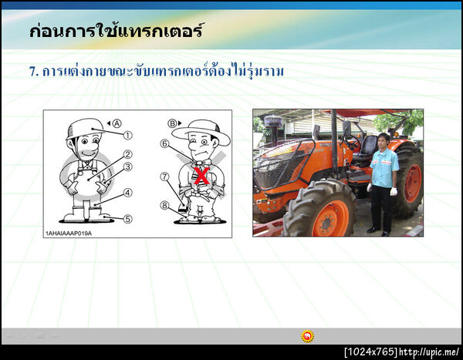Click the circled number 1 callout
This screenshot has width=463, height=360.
pyautogui.click(x=128, y=134)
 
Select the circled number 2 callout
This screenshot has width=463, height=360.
pyautogui.click(x=128, y=154)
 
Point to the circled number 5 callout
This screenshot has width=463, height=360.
pyautogui.click(x=128, y=219)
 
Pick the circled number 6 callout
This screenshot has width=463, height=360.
pyautogui.click(x=164, y=143)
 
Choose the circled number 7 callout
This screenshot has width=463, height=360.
pyautogui.click(x=164, y=177)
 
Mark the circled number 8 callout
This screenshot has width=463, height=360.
pyautogui.click(x=164, y=205)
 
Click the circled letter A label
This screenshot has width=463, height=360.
pyautogui.click(x=117, y=123)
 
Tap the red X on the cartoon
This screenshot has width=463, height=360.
pyautogui.click(x=202, y=177)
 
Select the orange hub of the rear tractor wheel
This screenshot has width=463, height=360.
pyautogui.click(x=412, y=183)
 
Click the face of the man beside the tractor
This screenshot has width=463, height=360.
pyautogui.click(x=384, y=142)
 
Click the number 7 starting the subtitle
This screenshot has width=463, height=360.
pyautogui.click(x=33, y=72)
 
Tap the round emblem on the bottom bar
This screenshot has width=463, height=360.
pyautogui.click(x=307, y=336)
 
